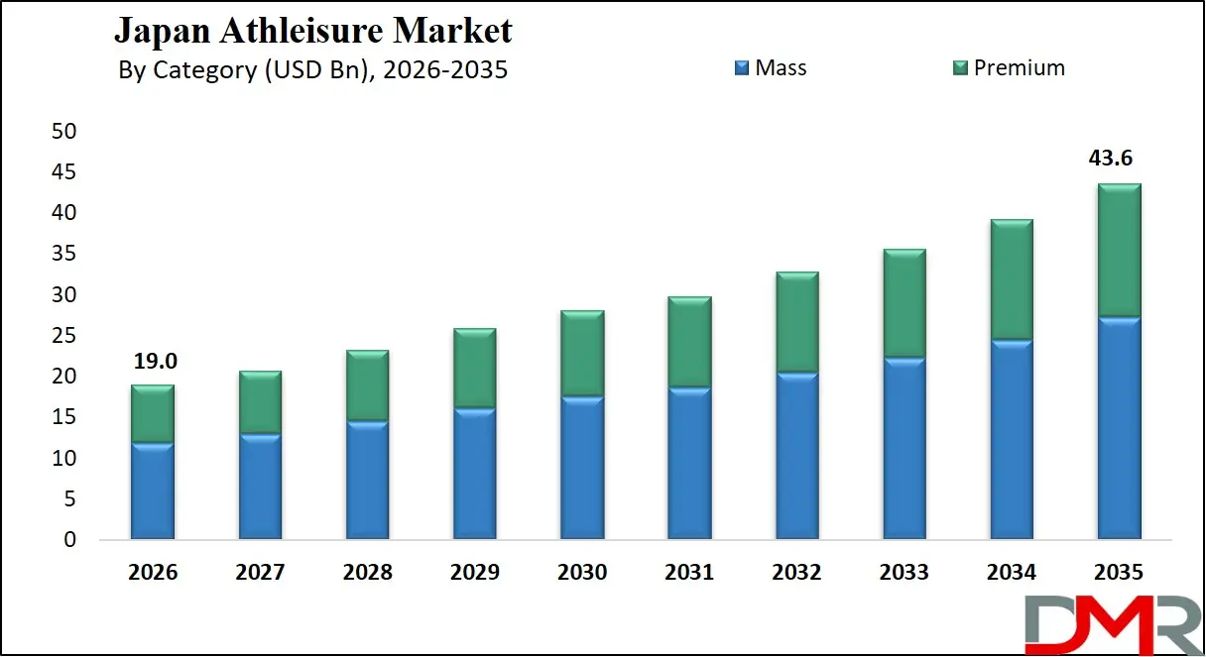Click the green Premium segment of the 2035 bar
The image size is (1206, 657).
[x=1118, y=250]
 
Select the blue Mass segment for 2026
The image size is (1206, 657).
[x=153, y=491]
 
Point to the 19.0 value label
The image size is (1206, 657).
[x=153, y=361]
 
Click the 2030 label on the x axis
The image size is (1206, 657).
[x=582, y=573]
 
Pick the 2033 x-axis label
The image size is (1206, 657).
[x=904, y=573]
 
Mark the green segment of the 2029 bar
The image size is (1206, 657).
[x=474, y=368]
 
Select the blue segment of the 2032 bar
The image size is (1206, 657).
[x=796, y=456]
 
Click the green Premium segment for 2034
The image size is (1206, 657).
[x=1011, y=279]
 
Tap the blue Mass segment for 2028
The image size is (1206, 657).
[x=367, y=481]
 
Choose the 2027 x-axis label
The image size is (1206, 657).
[x=260, y=573]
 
